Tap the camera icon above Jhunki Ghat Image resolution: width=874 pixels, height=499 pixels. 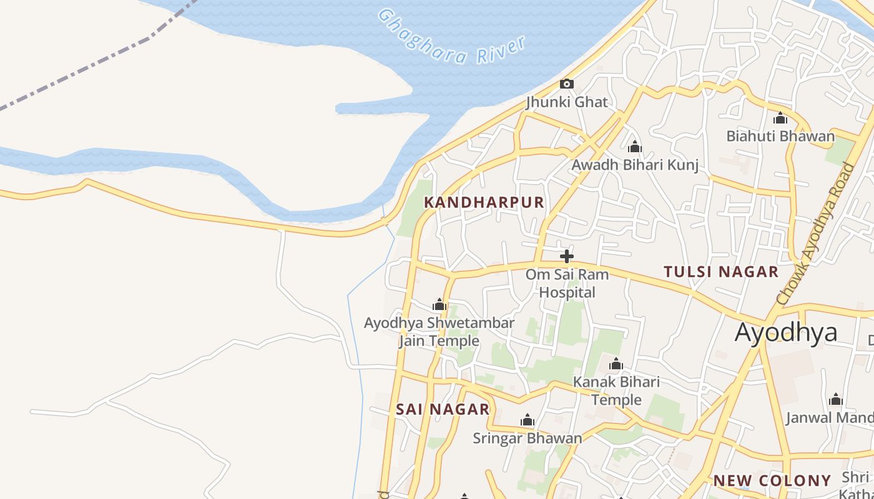[567, 84]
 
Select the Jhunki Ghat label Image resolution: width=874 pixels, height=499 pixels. [567, 102]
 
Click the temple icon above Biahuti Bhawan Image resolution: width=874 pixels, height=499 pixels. [780, 118]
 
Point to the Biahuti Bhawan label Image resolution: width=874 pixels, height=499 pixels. [780, 136]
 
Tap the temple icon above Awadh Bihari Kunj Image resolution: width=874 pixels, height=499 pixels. [635, 147]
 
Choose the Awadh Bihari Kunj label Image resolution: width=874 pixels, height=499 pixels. [635, 165]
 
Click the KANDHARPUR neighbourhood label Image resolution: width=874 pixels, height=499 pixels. [484, 203]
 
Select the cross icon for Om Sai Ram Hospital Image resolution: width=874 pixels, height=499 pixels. [567, 256]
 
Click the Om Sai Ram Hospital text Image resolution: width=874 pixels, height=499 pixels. [567, 283]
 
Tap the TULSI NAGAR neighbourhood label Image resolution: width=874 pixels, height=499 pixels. [721, 272]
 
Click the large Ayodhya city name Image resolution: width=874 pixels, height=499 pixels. [786, 332]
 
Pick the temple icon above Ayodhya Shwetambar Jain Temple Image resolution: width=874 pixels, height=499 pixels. [439, 305]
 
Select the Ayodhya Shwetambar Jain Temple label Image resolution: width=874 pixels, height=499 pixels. [439, 332]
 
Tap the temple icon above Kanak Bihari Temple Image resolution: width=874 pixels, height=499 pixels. [616, 364]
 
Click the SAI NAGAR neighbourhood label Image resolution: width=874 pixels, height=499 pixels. [443, 410]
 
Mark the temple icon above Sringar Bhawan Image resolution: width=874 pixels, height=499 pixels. [528, 420]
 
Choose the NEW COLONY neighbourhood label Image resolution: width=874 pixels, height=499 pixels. [772, 481]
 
